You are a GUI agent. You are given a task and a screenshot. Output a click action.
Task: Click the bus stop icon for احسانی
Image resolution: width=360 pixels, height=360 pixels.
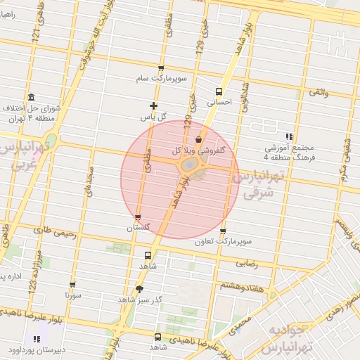pyautogui.click(x=219, y=91)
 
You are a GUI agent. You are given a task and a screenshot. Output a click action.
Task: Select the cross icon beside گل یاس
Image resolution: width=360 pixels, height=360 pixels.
pyautogui.click(x=154, y=105)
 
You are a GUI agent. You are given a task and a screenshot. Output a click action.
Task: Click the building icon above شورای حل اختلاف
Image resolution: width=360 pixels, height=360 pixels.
pyautogui.click(x=30, y=97)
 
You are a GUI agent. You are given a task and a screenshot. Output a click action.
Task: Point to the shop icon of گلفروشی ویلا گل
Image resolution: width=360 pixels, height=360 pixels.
pyautogui.click(x=199, y=139)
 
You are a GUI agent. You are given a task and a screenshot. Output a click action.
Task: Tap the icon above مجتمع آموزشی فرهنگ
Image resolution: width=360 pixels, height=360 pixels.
pyautogui.click(x=289, y=137)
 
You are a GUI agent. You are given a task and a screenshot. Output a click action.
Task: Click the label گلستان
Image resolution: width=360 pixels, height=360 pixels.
pyautogui.click(x=139, y=228)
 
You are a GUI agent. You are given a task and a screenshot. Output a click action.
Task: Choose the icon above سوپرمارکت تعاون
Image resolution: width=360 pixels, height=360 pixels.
pyautogui.click(x=223, y=231)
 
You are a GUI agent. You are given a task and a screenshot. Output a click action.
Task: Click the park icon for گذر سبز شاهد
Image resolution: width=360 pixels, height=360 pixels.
pyautogui.click(x=139, y=289)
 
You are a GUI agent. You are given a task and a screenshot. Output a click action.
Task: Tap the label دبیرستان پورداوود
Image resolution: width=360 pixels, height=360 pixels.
pyautogui.click(x=34, y=349)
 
